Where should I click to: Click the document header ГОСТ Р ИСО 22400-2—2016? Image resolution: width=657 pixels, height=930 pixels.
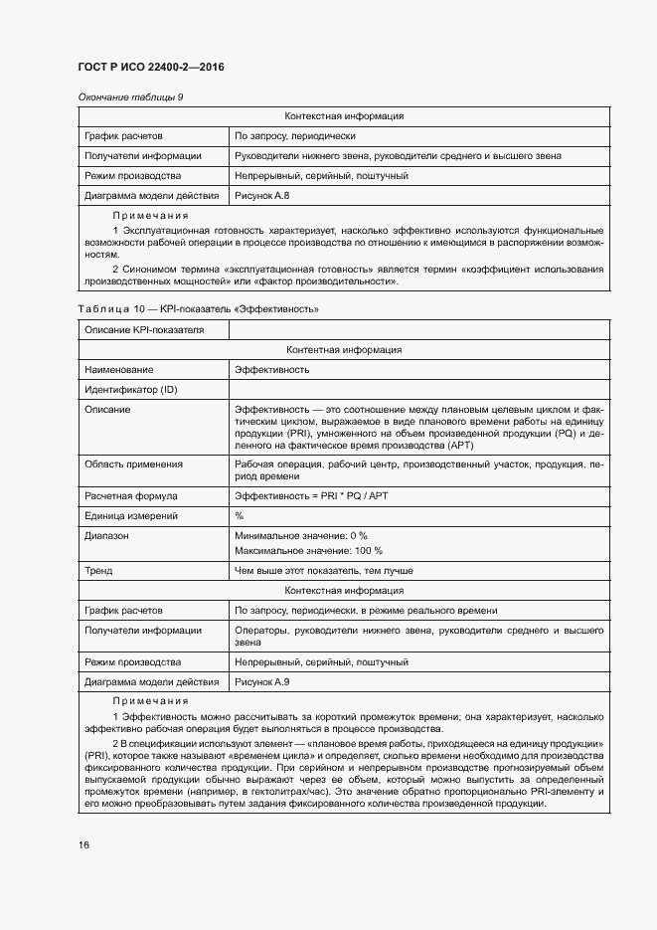tap(150, 67)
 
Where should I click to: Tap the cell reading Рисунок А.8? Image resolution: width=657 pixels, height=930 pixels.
tap(261, 196)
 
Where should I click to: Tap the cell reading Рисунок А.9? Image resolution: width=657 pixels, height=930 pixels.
tap(261, 681)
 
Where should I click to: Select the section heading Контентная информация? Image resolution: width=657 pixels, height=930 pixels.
tap(343, 350)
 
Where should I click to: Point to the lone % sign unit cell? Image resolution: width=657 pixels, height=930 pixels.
tap(239, 515)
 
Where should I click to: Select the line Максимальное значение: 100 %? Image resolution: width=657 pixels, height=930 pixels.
tap(308, 550)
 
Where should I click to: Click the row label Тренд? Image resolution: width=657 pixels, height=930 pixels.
tap(98, 571)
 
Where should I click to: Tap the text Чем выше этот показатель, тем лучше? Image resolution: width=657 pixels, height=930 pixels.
tap(323, 571)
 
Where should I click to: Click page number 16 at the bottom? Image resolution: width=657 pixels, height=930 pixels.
tap(84, 844)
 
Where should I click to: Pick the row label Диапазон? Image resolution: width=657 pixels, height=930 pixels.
tap(107, 535)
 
